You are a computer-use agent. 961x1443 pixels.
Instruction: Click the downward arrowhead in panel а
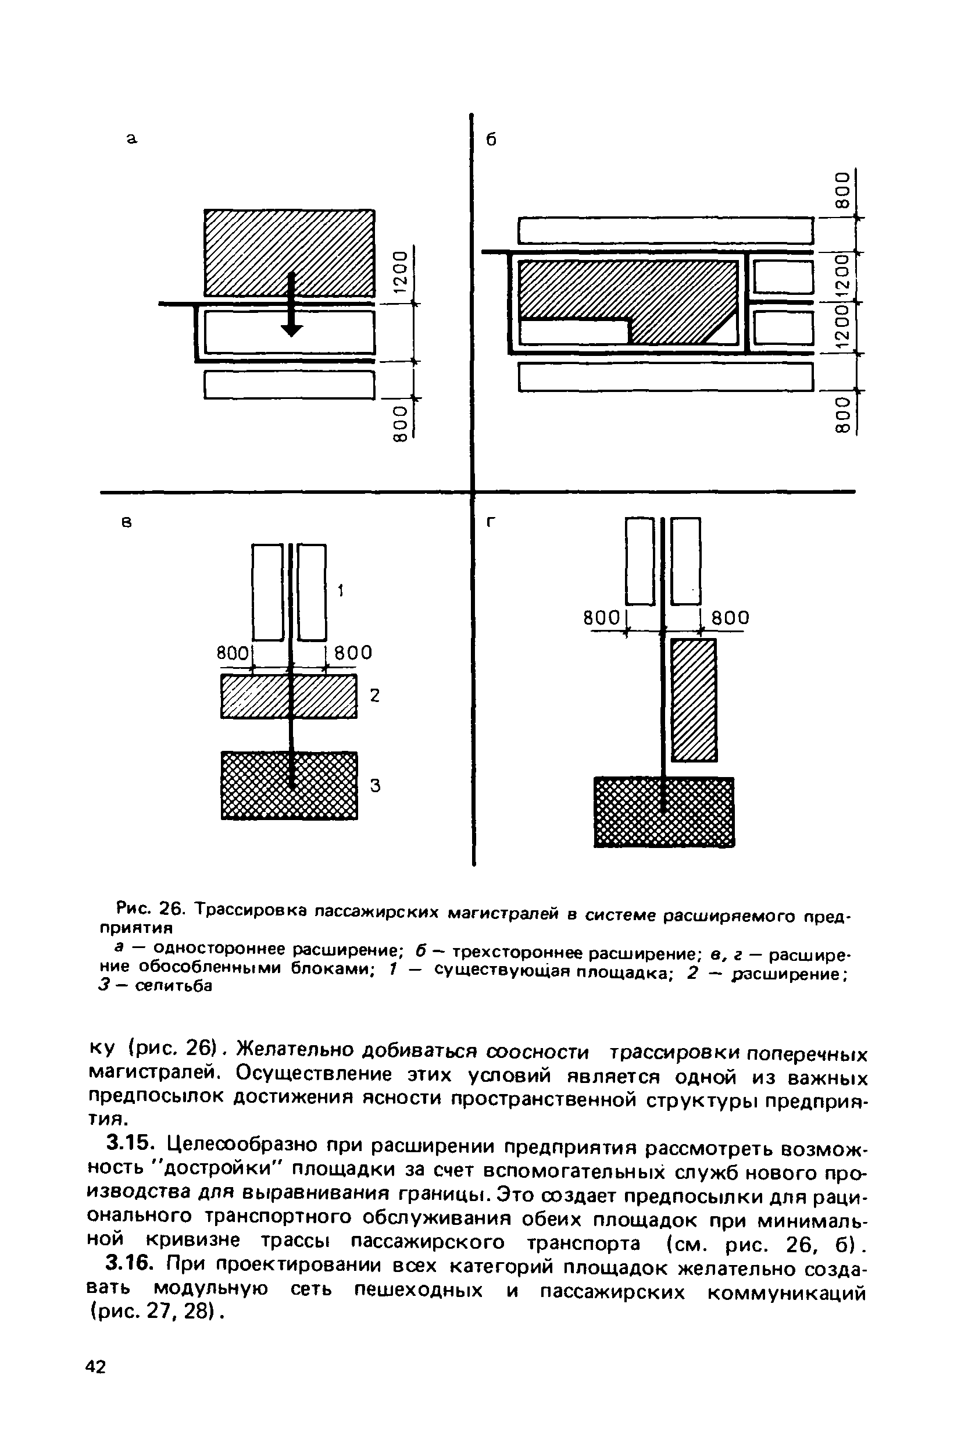click(292, 329)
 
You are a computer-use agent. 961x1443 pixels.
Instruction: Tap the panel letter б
click(490, 140)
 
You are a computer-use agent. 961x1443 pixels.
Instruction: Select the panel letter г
click(490, 522)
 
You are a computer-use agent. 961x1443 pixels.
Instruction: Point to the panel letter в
click(127, 522)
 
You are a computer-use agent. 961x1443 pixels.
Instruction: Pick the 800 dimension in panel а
click(399, 423)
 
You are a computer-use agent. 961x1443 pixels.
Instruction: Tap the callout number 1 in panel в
click(341, 590)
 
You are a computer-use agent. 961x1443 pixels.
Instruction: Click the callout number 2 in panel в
click(375, 695)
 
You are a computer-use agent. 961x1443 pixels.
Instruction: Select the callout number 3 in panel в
click(375, 785)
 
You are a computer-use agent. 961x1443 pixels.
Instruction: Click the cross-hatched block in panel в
click(290, 785)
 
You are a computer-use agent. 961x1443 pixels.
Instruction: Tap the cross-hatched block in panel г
click(664, 811)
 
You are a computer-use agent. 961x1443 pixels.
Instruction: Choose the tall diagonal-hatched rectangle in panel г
click(694, 700)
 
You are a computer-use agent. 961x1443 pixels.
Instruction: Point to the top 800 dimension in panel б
click(844, 191)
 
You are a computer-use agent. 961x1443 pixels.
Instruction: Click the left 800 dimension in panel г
click(602, 618)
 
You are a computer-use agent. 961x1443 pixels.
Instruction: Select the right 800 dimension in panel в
click(351, 652)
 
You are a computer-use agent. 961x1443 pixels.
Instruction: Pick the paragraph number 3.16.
click(127, 1264)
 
